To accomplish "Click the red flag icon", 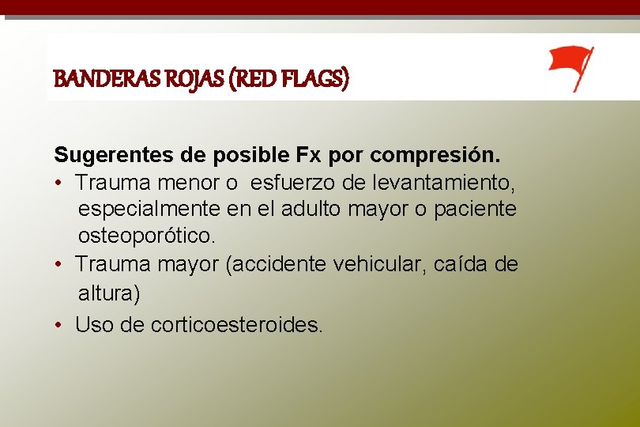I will pos(570,68).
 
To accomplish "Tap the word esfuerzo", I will pos(294,183).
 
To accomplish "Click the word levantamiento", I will pos(442,183).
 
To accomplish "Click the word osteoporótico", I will pos(146,236).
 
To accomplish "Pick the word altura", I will pos(108,293).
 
